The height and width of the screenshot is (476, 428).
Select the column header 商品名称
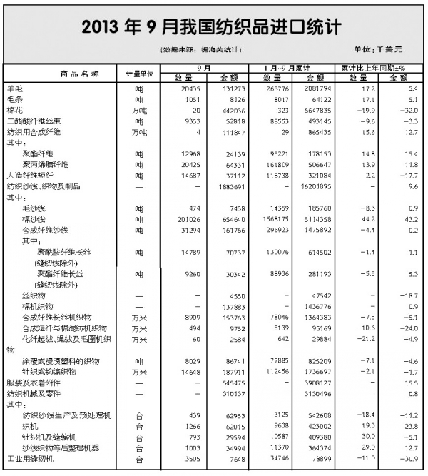[79, 73]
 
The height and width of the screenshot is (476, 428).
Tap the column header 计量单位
[140, 73]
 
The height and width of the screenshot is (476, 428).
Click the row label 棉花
[14, 111]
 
